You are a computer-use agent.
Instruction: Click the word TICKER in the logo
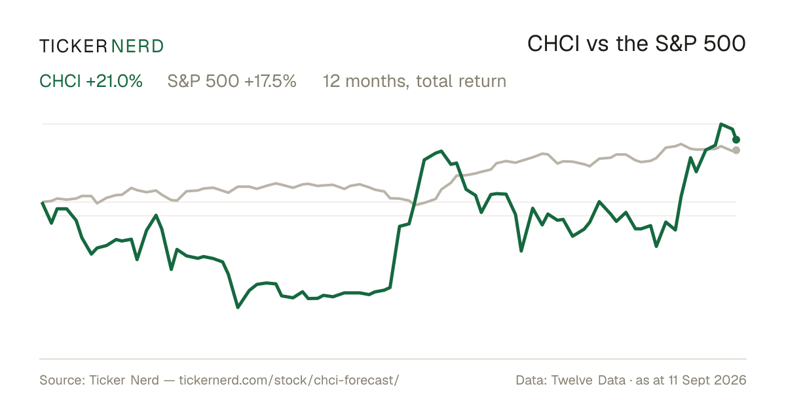coord(73,46)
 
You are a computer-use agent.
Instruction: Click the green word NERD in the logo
coord(137,46)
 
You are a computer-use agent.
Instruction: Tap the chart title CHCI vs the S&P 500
coord(636,44)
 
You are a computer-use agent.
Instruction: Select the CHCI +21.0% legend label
coord(91,81)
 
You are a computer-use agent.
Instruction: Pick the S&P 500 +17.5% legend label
coord(232,81)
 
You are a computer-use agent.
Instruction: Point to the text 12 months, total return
coord(415,82)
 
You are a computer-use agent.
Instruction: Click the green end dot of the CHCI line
coord(736,140)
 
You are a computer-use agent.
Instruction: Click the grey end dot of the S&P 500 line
coord(736,150)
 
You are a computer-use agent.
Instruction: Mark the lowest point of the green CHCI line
coord(238,307)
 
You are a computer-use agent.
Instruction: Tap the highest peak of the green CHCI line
coord(720,124)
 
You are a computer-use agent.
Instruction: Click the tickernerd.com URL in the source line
coord(289,380)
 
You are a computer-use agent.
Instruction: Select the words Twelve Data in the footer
coord(588,380)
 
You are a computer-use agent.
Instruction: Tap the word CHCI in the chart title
coord(553,44)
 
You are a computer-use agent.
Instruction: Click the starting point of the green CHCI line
coord(42,203)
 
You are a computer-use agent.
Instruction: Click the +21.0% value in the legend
coord(114,81)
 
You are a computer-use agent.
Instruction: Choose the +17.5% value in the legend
coord(270,81)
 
